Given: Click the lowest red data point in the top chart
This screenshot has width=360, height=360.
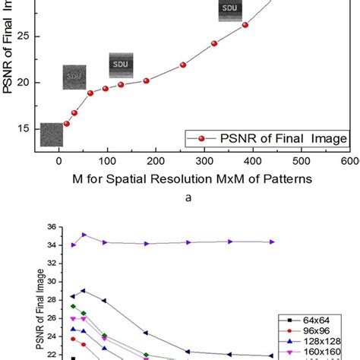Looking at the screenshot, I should [x=66, y=123].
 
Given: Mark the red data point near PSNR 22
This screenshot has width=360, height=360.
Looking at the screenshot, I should [x=183, y=65].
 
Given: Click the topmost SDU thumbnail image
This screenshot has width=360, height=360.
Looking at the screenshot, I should [x=229, y=10].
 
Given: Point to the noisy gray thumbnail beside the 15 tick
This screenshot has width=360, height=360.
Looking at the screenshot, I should [x=52, y=134].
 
